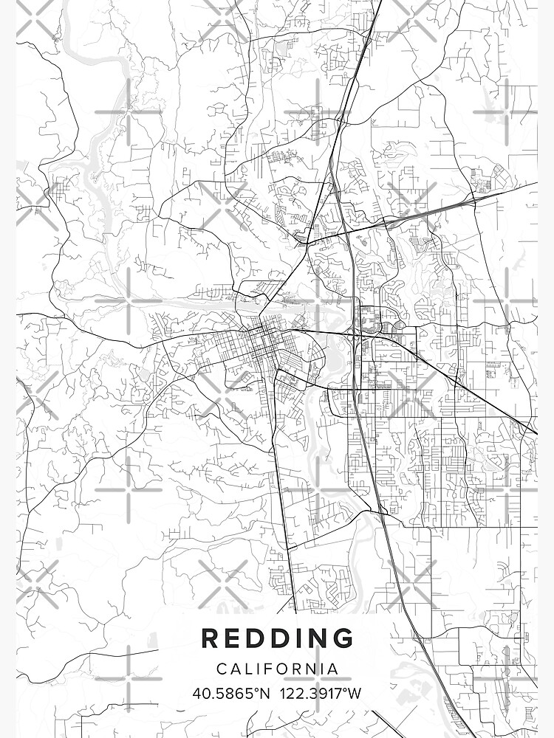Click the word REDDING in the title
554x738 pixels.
tap(277, 639)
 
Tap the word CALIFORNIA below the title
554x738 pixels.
tap(277, 669)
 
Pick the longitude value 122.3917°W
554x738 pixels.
tap(319, 694)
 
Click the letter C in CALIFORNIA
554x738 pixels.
tap(222, 669)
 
